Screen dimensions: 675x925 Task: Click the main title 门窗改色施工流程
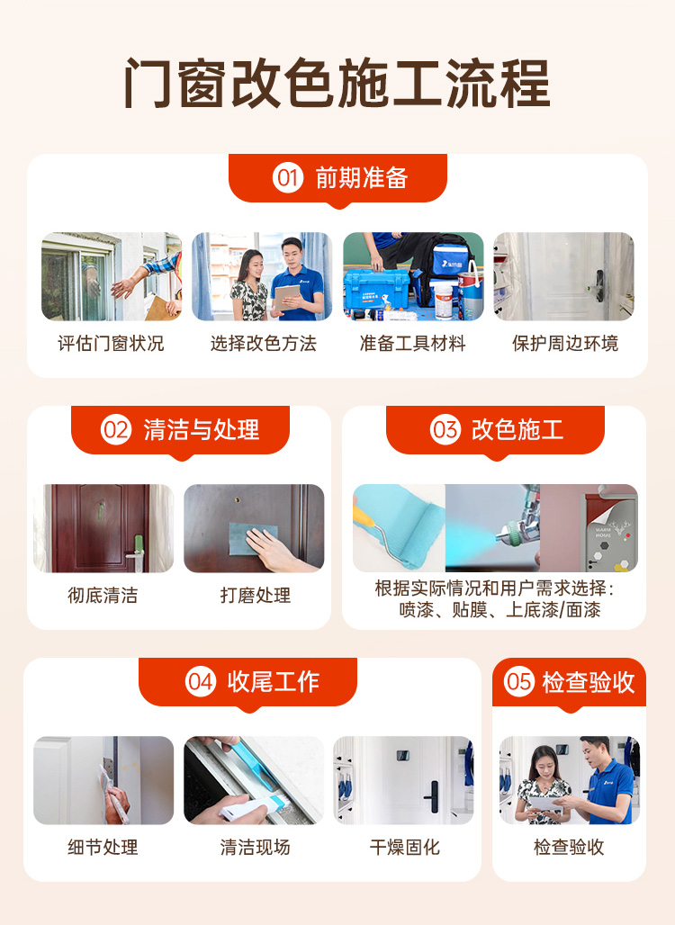(337, 83)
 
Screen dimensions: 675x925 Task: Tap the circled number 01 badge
(287, 177)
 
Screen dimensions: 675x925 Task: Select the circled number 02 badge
(115, 429)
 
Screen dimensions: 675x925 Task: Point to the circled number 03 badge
(445, 429)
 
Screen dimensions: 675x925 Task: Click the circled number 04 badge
(201, 682)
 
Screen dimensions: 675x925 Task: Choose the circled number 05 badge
(519, 682)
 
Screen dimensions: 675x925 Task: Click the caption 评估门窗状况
(111, 344)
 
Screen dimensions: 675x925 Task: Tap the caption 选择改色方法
(263, 344)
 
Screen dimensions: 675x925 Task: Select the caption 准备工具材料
(413, 344)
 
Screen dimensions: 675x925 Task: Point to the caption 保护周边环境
(564, 344)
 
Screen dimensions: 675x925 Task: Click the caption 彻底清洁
(103, 596)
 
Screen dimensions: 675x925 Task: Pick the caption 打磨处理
(255, 596)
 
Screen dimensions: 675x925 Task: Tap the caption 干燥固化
(405, 847)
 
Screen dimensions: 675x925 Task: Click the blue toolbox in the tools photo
(376, 289)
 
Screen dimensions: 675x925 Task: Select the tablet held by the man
(287, 297)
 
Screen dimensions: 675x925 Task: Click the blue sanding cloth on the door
(253, 539)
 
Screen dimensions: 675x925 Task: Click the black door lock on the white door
(433, 796)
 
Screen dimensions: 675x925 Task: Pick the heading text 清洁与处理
(202, 429)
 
